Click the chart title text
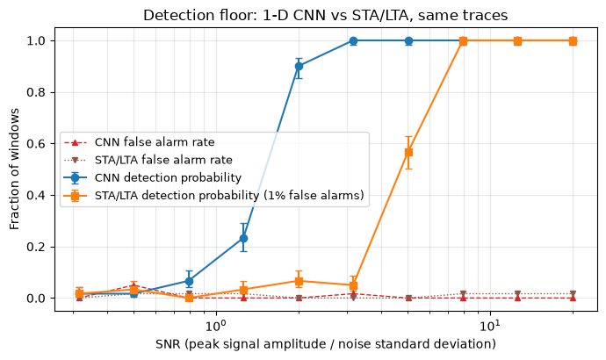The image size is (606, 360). click(326, 16)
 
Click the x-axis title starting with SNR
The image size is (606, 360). click(326, 344)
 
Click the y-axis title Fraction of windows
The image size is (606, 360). click(14, 169)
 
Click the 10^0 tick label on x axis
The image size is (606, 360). click(215, 325)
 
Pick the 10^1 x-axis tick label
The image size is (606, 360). click(490, 325)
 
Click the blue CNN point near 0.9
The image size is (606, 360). click(299, 67)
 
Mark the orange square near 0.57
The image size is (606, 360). click(408, 153)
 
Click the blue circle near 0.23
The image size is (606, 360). click(243, 238)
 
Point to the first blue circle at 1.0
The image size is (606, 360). click(353, 41)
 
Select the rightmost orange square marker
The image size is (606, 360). click(574, 41)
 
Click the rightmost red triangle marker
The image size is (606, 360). click(574, 298)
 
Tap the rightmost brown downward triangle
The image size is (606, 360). click(574, 293)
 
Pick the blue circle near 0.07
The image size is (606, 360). click(189, 281)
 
